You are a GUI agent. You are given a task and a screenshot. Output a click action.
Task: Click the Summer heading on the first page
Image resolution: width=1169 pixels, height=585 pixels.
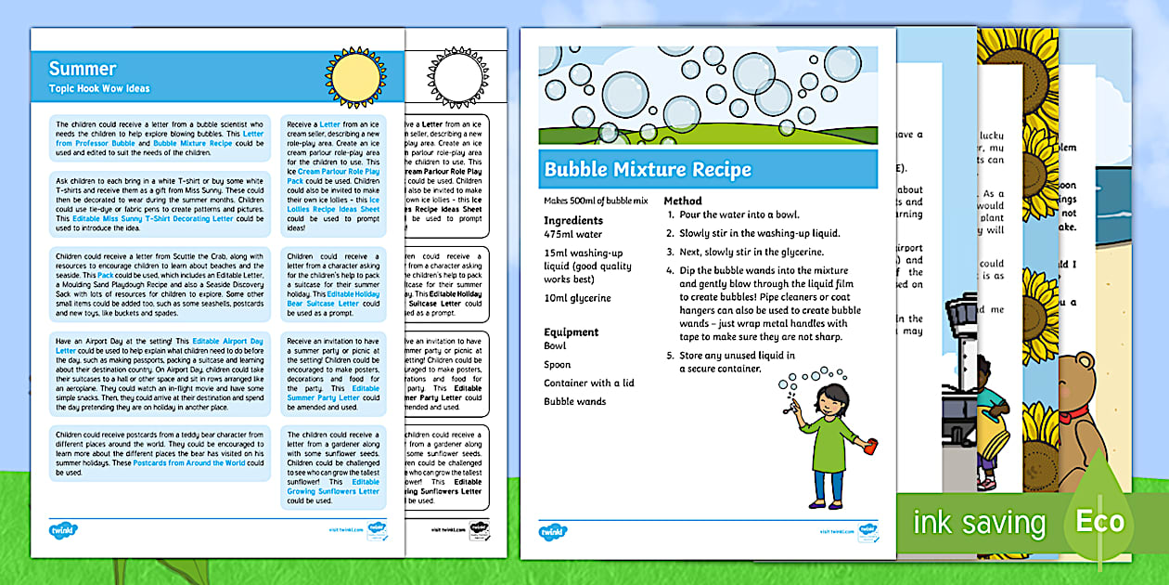[x=83, y=69]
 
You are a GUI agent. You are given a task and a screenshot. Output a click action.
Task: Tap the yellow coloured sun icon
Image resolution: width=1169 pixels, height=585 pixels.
[x=355, y=77]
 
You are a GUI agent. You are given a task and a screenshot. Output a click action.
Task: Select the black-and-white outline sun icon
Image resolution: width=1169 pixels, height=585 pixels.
[x=457, y=77]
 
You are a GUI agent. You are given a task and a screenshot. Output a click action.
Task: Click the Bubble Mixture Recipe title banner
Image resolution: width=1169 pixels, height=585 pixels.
[x=648, y=170]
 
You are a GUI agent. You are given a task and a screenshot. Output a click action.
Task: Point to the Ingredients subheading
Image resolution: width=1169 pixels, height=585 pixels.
[x=573, y=220]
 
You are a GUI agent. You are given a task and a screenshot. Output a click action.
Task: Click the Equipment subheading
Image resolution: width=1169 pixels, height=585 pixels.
[x=572, y=331]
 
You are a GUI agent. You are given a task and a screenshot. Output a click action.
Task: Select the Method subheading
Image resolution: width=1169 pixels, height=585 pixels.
[x=683, y=201]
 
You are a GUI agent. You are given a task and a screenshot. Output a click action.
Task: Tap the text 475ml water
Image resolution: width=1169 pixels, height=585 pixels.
[x=572, y=235]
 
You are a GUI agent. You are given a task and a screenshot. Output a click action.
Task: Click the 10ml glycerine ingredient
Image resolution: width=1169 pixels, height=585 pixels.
[x=577, y=298]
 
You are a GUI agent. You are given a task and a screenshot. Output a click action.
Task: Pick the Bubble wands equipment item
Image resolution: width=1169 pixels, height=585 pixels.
[x=574, y=401]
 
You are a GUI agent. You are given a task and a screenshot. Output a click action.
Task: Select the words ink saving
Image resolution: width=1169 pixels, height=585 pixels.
[x=979, y=523]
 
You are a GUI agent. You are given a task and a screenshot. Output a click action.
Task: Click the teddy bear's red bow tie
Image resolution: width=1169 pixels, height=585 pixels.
[x=1074, y=414]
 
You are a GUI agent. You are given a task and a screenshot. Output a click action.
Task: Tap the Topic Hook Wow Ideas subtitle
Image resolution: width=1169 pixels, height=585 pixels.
[x=99, y=89]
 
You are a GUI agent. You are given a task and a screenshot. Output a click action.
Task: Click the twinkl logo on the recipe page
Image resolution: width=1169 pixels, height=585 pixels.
[x=553, y=532]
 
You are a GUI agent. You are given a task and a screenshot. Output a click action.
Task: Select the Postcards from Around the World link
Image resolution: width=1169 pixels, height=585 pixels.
[x=189, y=462]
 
